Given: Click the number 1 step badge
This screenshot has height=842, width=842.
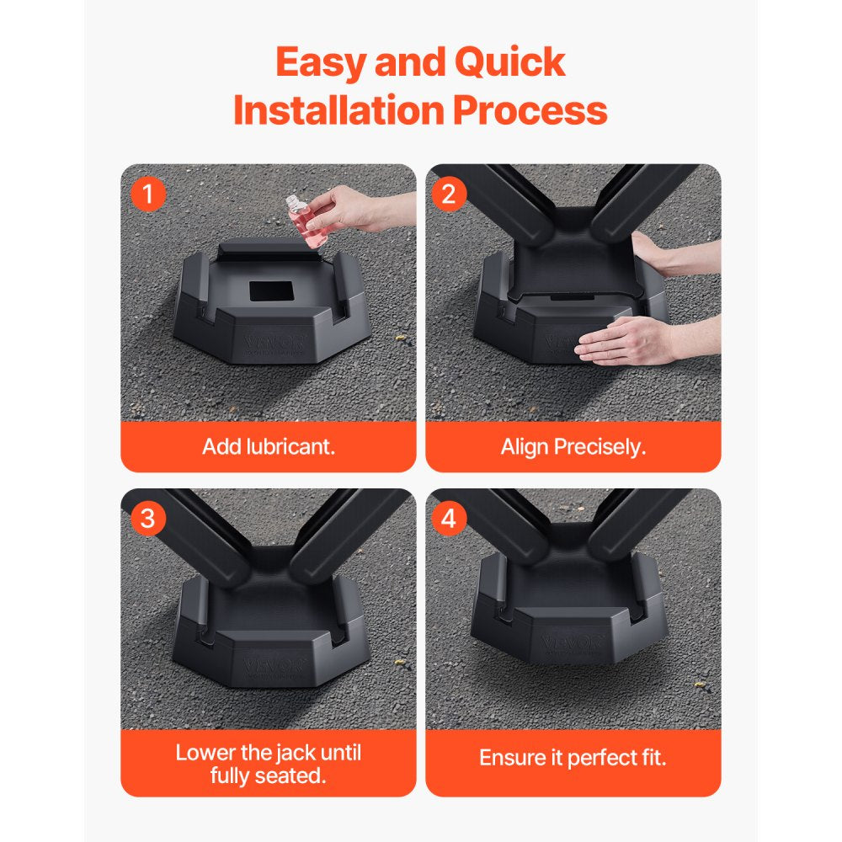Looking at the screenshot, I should tap(148, 195).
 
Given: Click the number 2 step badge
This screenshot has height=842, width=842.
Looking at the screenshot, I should tap(449, 195).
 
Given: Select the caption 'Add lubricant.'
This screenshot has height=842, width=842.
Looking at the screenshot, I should tap(269, 446).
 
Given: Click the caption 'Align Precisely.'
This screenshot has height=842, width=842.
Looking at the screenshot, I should tap(573, 446).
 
